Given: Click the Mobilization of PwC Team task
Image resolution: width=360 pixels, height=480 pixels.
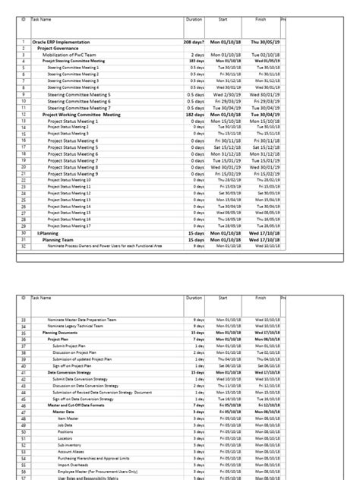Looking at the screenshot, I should [x=79, y=55].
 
